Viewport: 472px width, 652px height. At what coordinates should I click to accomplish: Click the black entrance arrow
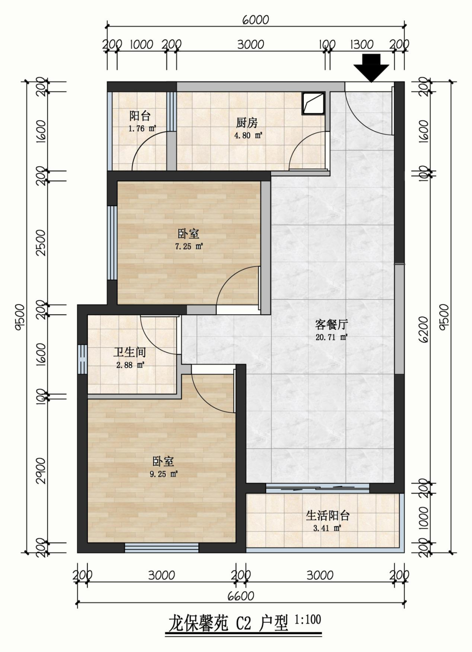pos(371,68)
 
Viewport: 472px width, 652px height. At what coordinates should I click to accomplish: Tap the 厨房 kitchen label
pos(246,123)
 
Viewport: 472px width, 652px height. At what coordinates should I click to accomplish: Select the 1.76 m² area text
pos(142,128)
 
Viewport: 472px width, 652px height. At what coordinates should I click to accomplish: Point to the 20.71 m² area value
pos(332,337)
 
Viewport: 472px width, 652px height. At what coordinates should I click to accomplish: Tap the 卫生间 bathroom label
pos(130,352)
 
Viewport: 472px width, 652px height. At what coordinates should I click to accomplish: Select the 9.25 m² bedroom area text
pos(163,474)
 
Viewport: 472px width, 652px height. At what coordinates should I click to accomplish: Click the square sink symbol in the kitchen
pos(313,103)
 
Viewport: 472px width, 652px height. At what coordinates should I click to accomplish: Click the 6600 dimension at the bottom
pos(241,596)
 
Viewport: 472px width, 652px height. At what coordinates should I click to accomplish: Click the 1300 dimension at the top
pos(362,45)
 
